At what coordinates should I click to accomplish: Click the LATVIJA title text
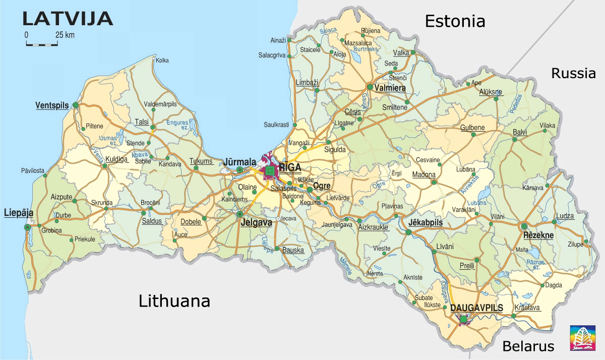coord(67,18)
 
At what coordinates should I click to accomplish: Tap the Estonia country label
coord(455,21)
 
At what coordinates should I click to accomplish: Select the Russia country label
coord(573,74)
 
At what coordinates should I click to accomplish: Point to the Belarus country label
coord(528,346)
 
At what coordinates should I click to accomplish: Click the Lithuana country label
coord(174,302)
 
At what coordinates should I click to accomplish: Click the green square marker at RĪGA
coord(271,171)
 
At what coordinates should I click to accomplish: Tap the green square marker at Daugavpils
coord(463,319)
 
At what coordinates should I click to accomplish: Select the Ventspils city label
coord(51,105)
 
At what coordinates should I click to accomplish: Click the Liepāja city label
coord(19,213)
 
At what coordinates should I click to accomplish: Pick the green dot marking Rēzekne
coord(524,226)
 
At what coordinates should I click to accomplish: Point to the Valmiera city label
coord(390,88)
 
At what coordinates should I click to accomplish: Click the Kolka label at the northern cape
coord(162,61)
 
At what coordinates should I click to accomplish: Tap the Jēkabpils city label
coord(426,222)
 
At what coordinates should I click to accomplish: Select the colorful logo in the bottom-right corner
coord(580,337)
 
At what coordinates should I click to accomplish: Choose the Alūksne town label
coord(491,92)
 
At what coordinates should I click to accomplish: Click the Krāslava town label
coord(527,308)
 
